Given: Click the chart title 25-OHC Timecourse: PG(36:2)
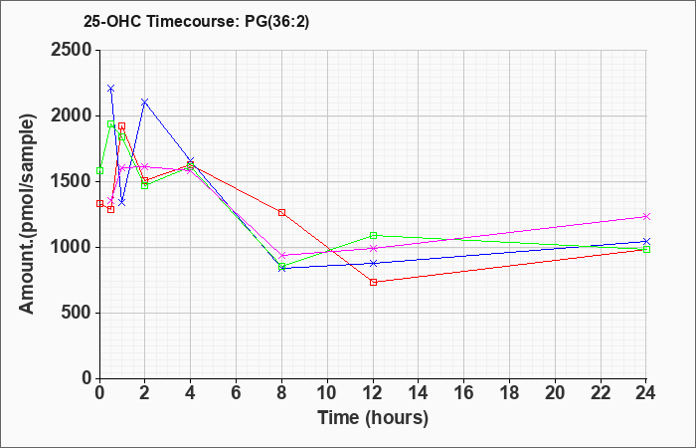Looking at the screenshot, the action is click(196, 21).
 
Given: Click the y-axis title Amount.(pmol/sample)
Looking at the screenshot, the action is click(27, 214).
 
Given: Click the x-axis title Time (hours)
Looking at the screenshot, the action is click(373, 418).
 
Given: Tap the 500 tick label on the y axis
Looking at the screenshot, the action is click(77, 313).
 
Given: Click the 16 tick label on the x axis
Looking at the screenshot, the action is click(464, 393).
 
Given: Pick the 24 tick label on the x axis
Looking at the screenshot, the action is click(646, 393).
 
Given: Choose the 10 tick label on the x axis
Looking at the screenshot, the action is click(327, 393).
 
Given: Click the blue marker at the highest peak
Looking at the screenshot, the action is click(111, 89).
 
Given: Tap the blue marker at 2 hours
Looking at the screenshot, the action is click(144, 103).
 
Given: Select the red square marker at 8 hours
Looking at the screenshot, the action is click(281, 212).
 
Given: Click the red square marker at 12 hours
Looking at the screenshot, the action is click(373, 282).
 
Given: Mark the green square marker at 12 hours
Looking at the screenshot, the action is click(373, 235).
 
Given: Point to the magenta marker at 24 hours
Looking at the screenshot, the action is click(646, 216).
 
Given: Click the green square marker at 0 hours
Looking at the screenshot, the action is click(99, 170).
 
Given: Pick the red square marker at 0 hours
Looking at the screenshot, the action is click(99, 203).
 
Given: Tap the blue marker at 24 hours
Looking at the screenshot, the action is click(646, 241).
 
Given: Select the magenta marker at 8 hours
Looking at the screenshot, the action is click(281, 255).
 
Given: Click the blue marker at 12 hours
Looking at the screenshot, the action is click(373, 263).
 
